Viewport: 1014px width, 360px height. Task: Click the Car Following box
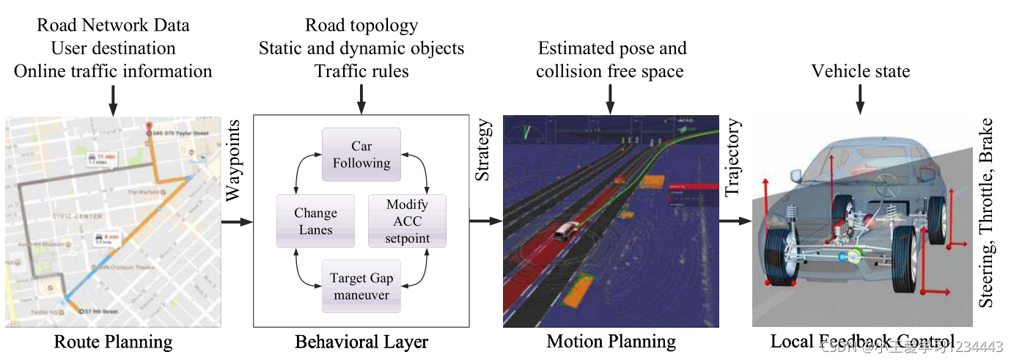(361, 155)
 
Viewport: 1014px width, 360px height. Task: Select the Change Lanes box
(315, 221)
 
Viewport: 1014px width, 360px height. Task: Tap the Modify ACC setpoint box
(407, 221)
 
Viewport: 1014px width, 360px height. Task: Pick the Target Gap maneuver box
(361, 287)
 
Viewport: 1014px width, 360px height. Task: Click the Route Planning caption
(113, 342)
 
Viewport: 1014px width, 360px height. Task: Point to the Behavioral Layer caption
(361, 342)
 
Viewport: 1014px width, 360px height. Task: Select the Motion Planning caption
(611, 342)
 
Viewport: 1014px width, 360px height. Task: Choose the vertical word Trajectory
(732, 158)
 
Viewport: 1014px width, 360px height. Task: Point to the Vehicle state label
(860, 71)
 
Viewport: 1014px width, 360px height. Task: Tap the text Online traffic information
(113, 71)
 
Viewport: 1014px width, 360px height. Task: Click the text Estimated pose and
(612, 48)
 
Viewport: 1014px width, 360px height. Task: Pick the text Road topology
(361, 26)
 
